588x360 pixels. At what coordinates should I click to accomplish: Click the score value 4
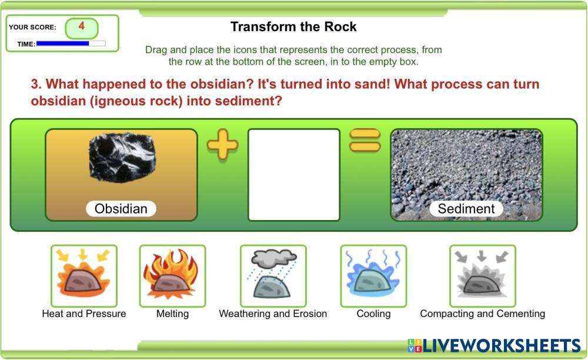pyautogui.click(x=81, y=26)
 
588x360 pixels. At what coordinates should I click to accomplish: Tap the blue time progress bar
pyautogui.click(x=63, y=44)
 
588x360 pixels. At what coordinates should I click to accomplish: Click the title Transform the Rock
pyautogui.click(x=293, y=26)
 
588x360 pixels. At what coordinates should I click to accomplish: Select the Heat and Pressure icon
pyautogui.click(x=84, y=276)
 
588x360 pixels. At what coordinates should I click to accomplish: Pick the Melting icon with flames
pyautogui.click(x=172, y=276)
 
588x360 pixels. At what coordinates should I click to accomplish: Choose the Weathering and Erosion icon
pyautogui.click(x=273, y=276)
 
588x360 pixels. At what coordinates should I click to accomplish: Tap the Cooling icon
pyautogui.click(x=373, y=276)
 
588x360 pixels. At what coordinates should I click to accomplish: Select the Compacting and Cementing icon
pyautogui.click(x=483, y=276)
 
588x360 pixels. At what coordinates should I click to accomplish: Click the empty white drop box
pyautogui.click(x=294, y=175)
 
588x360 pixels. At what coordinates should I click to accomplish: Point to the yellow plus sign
pyautogui.click(x=222, y=144)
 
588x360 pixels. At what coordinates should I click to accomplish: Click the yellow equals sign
pyautogui.click(x=365, y=140)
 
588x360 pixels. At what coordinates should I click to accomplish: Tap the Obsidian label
pyautogui.click(x=121, y=208)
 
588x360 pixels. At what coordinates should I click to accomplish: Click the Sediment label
pyautogui.click(x=466, y=208)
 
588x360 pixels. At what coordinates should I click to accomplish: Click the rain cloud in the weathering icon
pyautogui.click(x=274, y=258)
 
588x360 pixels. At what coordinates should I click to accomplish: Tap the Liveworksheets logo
pyautogui.click(x=494, y=345)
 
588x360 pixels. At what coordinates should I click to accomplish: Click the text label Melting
pyautogui.click(x=172, y=314)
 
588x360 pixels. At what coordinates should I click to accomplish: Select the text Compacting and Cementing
pyautogui.click(x=483, y=314)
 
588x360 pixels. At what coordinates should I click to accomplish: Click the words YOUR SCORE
pyautogui.click(x=32, y=27)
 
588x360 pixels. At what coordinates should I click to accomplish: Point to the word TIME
pyautogui.click(x=26, y=44)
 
